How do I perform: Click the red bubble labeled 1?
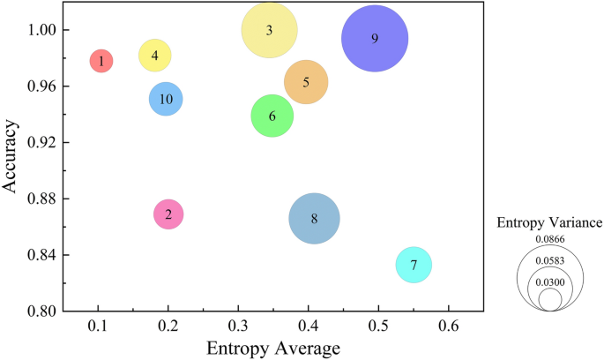tap(101, 61)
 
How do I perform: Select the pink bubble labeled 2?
tap(168, 214)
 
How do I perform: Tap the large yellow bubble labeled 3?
tap(269, 30)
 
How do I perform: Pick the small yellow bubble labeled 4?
tap(155, 56)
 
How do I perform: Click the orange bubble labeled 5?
tap(306, 83)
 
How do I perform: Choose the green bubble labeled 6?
tap(272, 116)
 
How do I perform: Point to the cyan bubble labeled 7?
tap(414, 265)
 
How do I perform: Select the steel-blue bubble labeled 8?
tap(314, 219)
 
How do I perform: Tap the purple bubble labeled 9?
tap(375, 39)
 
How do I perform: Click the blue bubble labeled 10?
tap(166, 99)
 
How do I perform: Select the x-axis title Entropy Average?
tap(272, 348)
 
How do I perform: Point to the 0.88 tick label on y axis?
tap(41, 199)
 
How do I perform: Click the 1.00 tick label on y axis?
tap(41, 30)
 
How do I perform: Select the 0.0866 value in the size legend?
tap(550, 239)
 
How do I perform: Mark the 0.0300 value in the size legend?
tap(550, 282)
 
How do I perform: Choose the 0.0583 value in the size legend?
tap(550, 260)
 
